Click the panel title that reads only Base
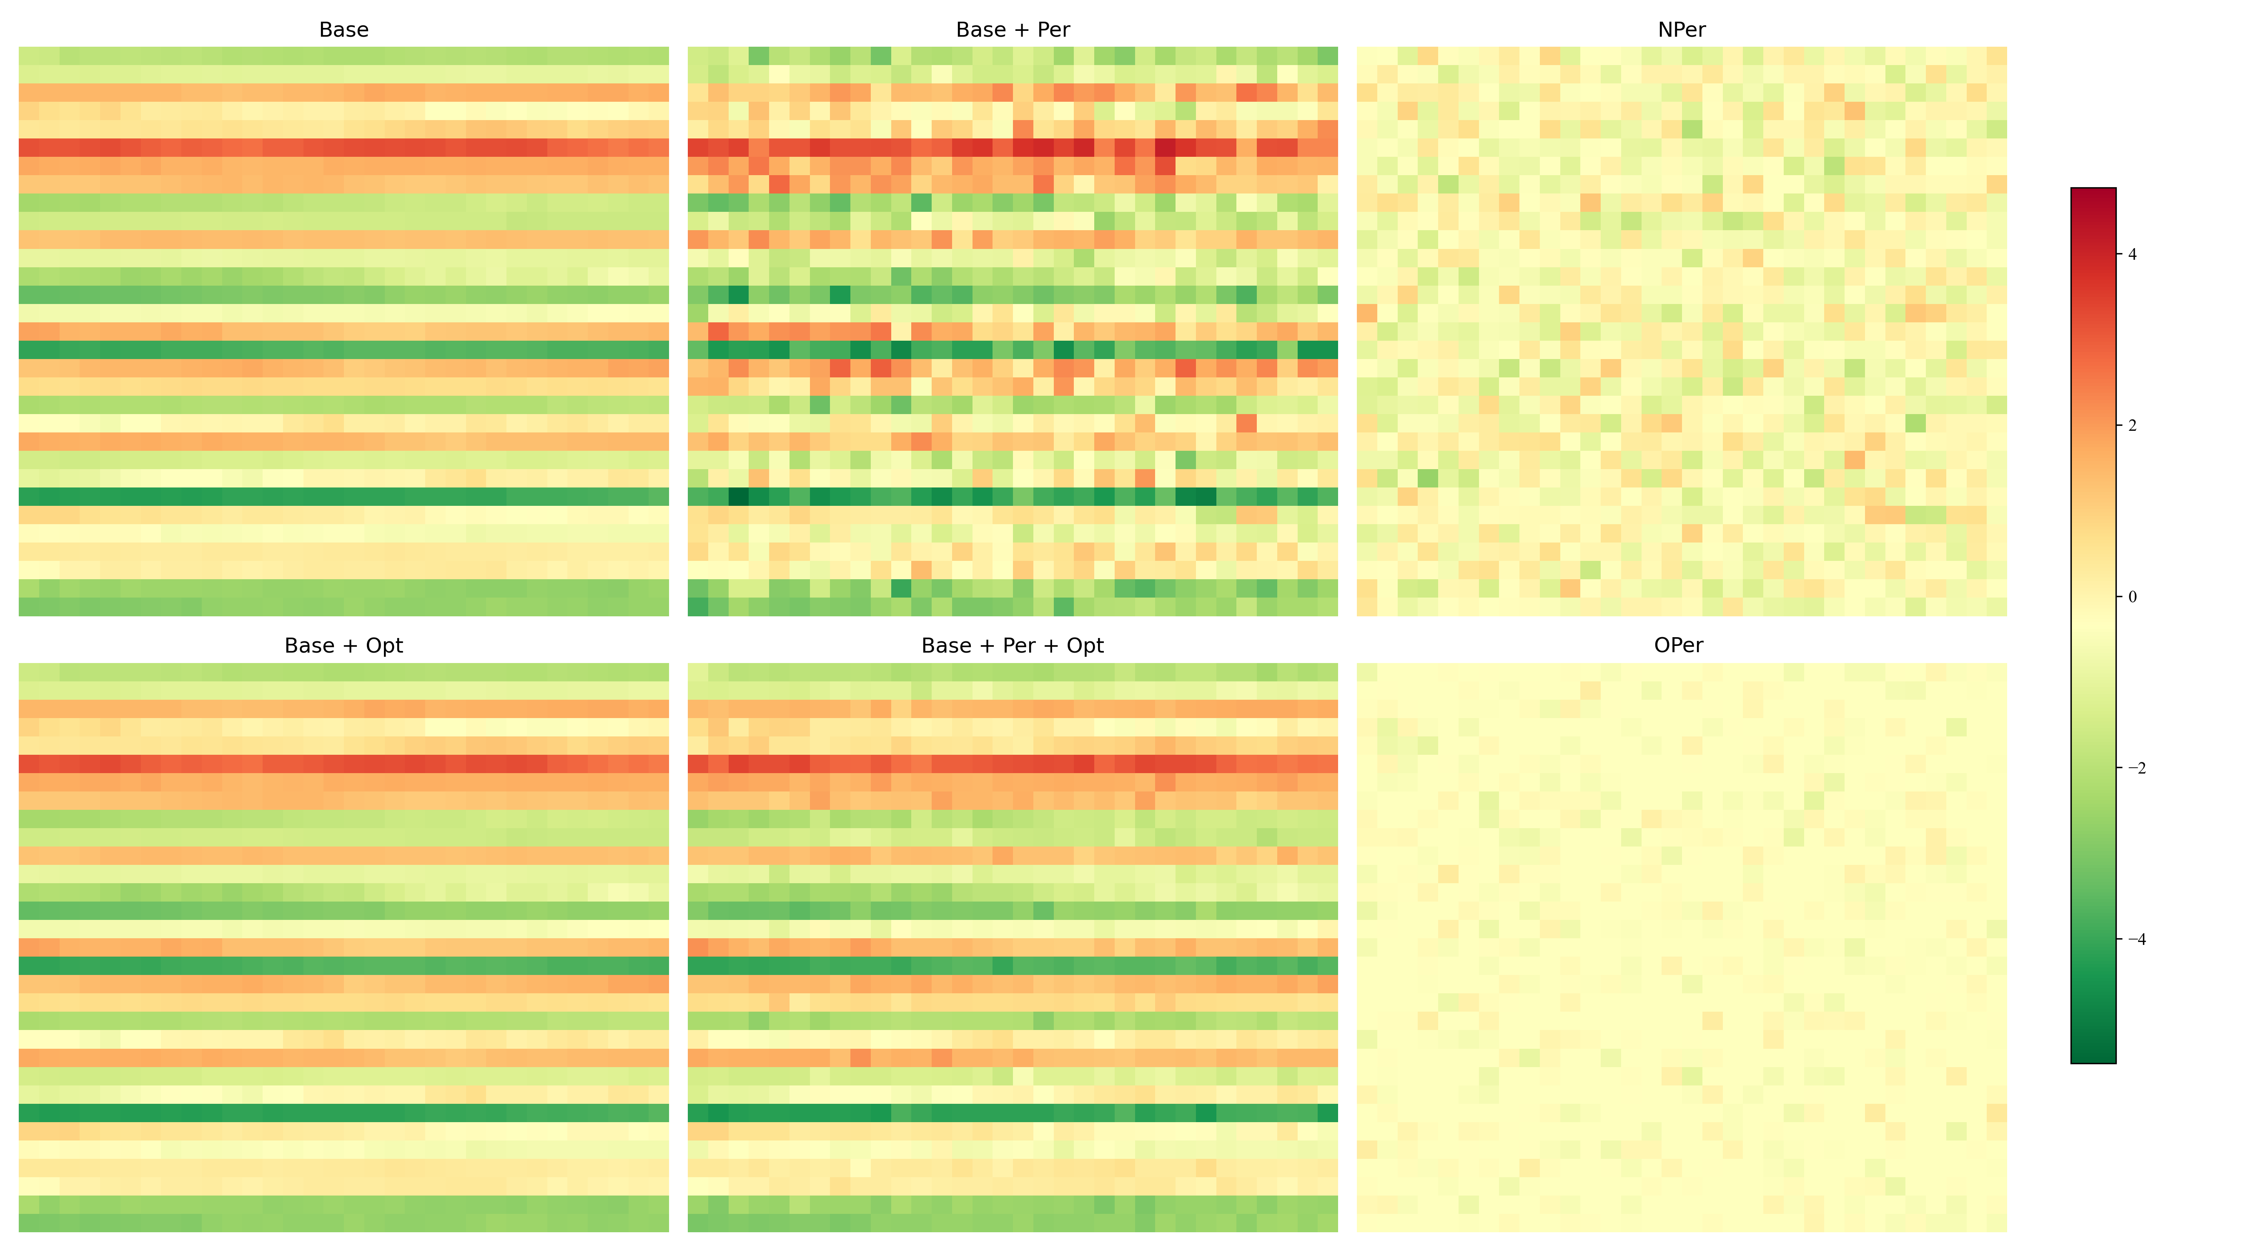pyautogui.click(x=343, y=30)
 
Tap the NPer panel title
pyautogui.click(x=1680, y=30)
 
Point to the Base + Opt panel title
pyautogui.click(x=343, y=645)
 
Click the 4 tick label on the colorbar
pyautogui.click(x=2132, y=254)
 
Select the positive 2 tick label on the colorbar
pyautogui.click(x=2132, y=426)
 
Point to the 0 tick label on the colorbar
pyautogui.click(x=2132, y=597)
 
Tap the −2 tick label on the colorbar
pyautogui.click(x=2136, y=769)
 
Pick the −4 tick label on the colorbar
pyautogui.click(x=2136, y=940)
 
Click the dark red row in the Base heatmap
pyautogui.click(x=343, y=148)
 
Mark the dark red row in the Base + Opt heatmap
pyautogui.click(x=343, y=763)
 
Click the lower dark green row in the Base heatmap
pyautogui.click(x=343, y=497)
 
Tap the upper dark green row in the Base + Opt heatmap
pyautogui.click(x=343, y=965)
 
